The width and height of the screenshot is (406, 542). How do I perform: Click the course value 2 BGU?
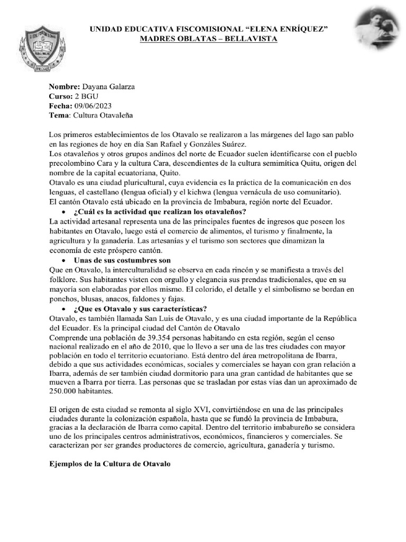pos(87,96)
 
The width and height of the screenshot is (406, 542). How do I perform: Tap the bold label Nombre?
pos(64,86)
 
